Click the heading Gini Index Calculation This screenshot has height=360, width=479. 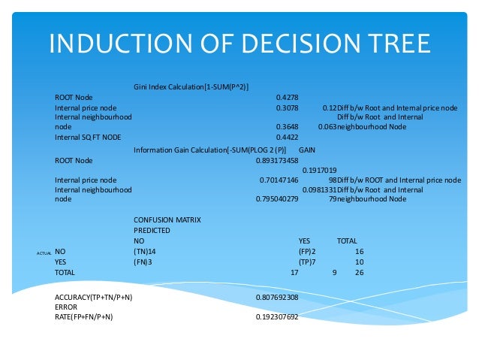coord(191,86)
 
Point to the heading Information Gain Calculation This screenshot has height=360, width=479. coord(211,150)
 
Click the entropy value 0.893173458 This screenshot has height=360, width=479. coord(277,160)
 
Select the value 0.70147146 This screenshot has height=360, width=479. coord(279,180)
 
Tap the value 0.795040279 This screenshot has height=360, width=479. coord(277,199)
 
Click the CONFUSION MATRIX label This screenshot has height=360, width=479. coord(167,219)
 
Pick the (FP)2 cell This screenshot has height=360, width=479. coord(307,251)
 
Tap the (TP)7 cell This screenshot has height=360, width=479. coord(307,262)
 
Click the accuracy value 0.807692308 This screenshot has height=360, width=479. coord(277,298)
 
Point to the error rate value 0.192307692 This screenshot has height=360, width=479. coord(277,316)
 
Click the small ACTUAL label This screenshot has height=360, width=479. coord(43,253)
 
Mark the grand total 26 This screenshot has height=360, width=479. coord(359,272)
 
